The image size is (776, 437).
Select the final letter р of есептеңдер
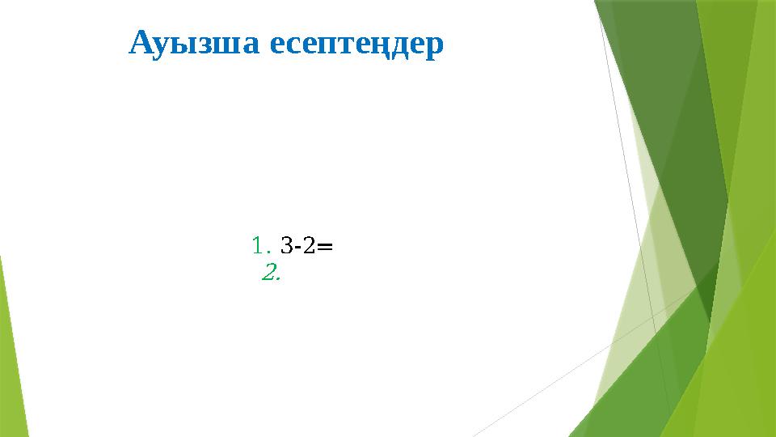(x=436, y=48)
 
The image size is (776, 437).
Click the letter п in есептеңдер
(x=331, y=46)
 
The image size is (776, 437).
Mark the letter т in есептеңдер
(x=348, y=46)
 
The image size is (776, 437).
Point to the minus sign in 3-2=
(x=296, y=245)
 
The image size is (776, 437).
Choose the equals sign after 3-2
(x=325, y=244)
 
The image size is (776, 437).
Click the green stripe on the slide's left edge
(x=11, y=356)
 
